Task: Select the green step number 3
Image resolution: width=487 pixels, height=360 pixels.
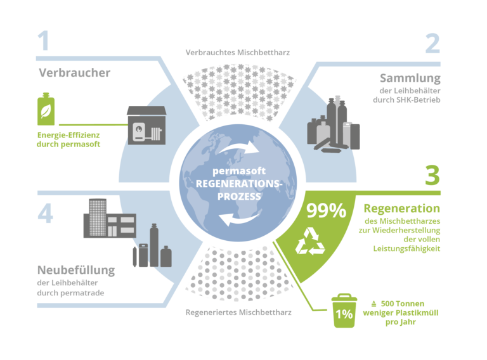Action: coord(432,175)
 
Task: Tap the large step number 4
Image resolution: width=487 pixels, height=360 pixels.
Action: coord(45,214)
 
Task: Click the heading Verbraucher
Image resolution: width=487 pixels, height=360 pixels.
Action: coord(74,73)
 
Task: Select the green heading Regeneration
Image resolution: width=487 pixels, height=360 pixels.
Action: coord(401,208)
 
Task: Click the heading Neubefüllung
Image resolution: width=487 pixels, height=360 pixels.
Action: coord(75,270)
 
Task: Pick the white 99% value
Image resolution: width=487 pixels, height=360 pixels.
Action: coord(326,211)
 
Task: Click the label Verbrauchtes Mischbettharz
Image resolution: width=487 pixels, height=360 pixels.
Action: coord(238,53)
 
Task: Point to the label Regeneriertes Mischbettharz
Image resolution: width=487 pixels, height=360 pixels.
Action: coord(238,312)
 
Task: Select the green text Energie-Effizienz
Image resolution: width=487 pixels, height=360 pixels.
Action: coord(69,136)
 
